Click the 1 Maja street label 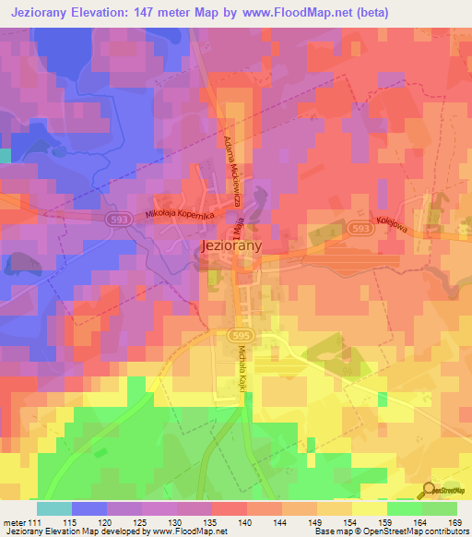click(x=252, y=225)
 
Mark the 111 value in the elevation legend click(x=34, y=521)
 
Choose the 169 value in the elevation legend click(x=454, y=521)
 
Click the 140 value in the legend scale click(x=243, y=521)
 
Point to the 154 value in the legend click(x=348, y=521)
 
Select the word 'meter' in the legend click(x=14, y=521)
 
